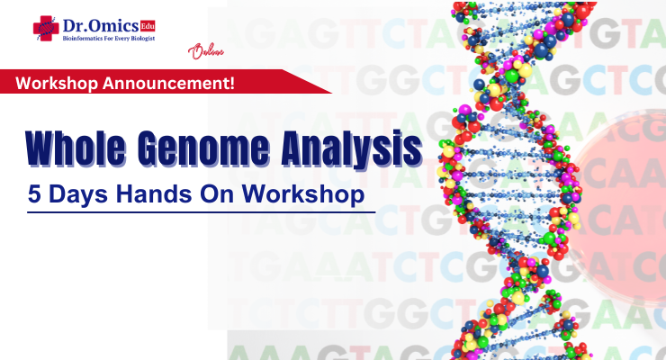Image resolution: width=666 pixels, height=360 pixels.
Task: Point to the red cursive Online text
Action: pyautogui.click(x=202, y=52)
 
